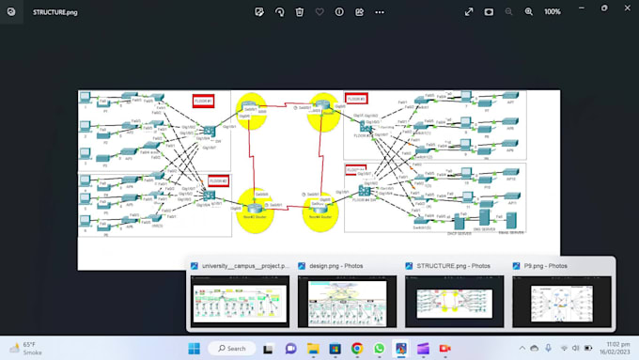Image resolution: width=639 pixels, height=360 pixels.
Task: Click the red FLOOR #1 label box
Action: (x=205, y=101)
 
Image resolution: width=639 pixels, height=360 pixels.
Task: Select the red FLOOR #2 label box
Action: (x=218, y=180)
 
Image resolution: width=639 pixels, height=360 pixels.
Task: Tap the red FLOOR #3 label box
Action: (x=356, y=99)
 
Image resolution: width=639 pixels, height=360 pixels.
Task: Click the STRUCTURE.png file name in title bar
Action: (x=55, y=12)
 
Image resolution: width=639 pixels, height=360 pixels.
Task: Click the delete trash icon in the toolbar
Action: (x=300, y=12)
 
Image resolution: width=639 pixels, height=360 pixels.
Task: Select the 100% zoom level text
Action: (x=553, y=12)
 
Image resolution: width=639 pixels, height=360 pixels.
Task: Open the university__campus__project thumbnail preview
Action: (x=241, y=301)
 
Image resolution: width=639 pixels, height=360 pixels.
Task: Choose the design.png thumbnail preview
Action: (x=348, y=301)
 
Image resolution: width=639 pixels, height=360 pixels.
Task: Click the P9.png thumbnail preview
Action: (x=562, y=301)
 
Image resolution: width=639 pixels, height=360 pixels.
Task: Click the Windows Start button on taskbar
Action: (x=195, y=348)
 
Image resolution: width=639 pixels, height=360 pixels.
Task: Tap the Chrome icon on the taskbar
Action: (x=357, y=348)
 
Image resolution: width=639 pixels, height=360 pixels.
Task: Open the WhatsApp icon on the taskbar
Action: (x=379, y=348)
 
